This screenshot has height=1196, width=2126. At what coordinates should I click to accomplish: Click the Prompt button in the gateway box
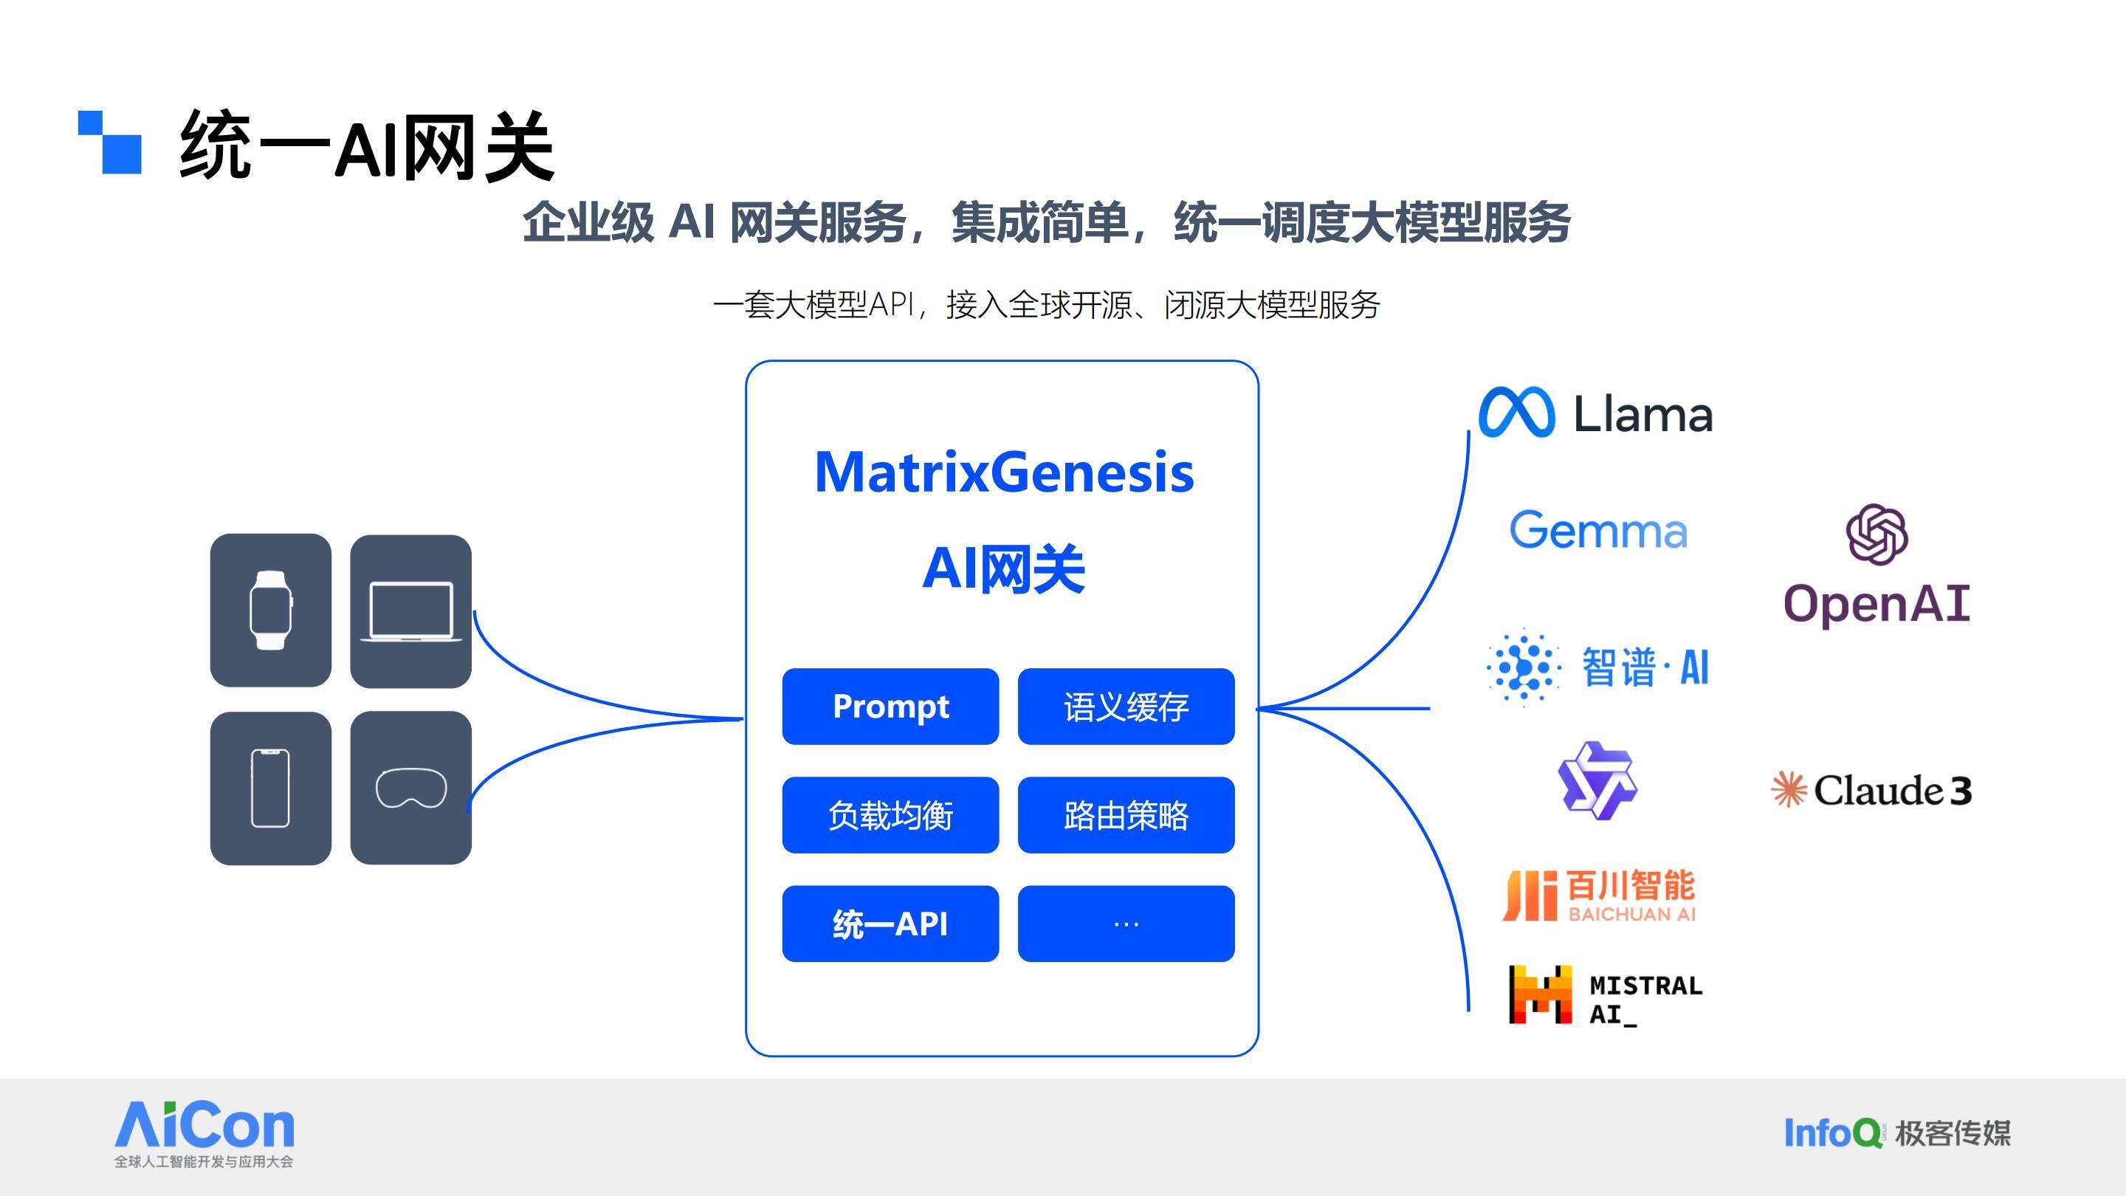pyautogui.click(x=890, y=707)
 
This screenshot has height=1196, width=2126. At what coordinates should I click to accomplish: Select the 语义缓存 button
pyautogui.click(x=1126, y=707)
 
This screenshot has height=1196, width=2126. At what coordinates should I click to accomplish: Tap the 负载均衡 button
pyautogui.click(x=890, y=816)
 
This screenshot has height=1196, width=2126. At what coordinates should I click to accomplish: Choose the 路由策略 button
pyautogui.click(x=1126, y=816)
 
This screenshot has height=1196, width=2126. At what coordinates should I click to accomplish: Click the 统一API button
pyautogui.click(x=890, y=924)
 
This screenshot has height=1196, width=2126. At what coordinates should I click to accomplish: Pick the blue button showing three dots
pyautogui.click(x=1126, y=924)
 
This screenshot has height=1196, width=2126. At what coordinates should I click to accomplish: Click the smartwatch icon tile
pyautogui.click(x=271, y=610)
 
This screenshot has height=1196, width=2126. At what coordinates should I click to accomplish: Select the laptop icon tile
pyautogui.click(x=410, y=611)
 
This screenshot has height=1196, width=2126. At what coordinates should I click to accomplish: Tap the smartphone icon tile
pyautogui.click(x=271, y=788)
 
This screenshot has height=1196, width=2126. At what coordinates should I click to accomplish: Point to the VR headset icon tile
pyautogui.click(x=410, y=788)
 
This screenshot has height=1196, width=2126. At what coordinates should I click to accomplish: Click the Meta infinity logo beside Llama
pyautogui.click(x=1516, y=413)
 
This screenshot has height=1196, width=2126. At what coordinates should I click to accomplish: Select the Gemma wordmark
pyautogui.click(x=1597, y=530)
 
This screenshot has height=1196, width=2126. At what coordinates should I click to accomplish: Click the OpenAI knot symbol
pyautogui.click(x=1876, y=535)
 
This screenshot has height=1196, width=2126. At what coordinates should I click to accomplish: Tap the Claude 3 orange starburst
pyautogui.click(x=1789, y=790)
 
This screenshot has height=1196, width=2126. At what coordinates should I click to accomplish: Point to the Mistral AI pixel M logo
pyautogui.click(x=1539, y=994)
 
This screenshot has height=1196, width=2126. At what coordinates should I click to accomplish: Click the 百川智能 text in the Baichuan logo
pyautogui.click(x=1630, y=886)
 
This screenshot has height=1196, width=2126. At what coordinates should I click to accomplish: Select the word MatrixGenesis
pyautogui.click(x=1004, y=472)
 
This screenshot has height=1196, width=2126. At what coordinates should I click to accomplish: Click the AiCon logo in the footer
pyautogui.click(x=204, y=1126)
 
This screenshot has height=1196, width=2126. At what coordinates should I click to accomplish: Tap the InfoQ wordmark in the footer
pyautogui.click(x=1832, y=1133)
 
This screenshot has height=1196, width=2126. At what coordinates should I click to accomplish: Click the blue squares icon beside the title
pyautogui.click(x=111, y=142)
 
